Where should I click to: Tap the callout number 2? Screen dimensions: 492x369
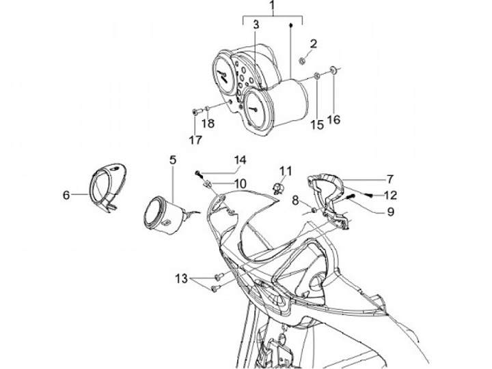click(314, 45)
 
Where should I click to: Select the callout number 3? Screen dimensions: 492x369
click(256, 25)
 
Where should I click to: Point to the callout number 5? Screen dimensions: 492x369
click(172, 160)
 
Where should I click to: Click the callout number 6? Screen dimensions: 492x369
click(66, 195)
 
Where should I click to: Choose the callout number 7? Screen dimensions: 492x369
click(389, 179)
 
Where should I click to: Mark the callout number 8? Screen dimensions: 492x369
click(295, 200)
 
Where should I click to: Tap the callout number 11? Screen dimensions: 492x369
click(285, 170)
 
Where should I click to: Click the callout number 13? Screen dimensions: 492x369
click(180, 278)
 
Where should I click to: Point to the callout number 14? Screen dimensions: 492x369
click(239, 160)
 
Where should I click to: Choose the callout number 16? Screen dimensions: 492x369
click(333, 121)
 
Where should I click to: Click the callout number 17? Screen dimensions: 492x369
click(195, 141)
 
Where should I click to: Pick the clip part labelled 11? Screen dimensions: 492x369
click(279, 187)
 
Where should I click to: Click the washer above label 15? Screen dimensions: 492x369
click(318, 74)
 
